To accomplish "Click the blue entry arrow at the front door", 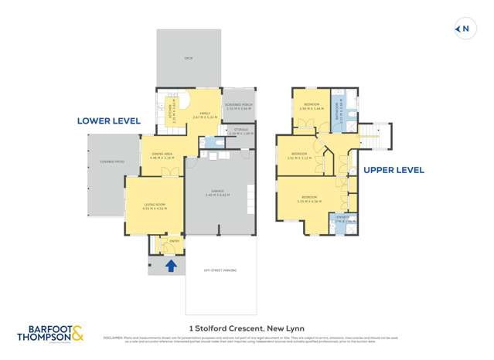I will click(171, 266).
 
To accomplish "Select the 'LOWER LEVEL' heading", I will click(108, 121).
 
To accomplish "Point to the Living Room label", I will click(154, 205).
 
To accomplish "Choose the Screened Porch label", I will click(239, 106).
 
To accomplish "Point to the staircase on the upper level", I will click(373, 136).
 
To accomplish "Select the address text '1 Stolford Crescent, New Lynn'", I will click(247, 325).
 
